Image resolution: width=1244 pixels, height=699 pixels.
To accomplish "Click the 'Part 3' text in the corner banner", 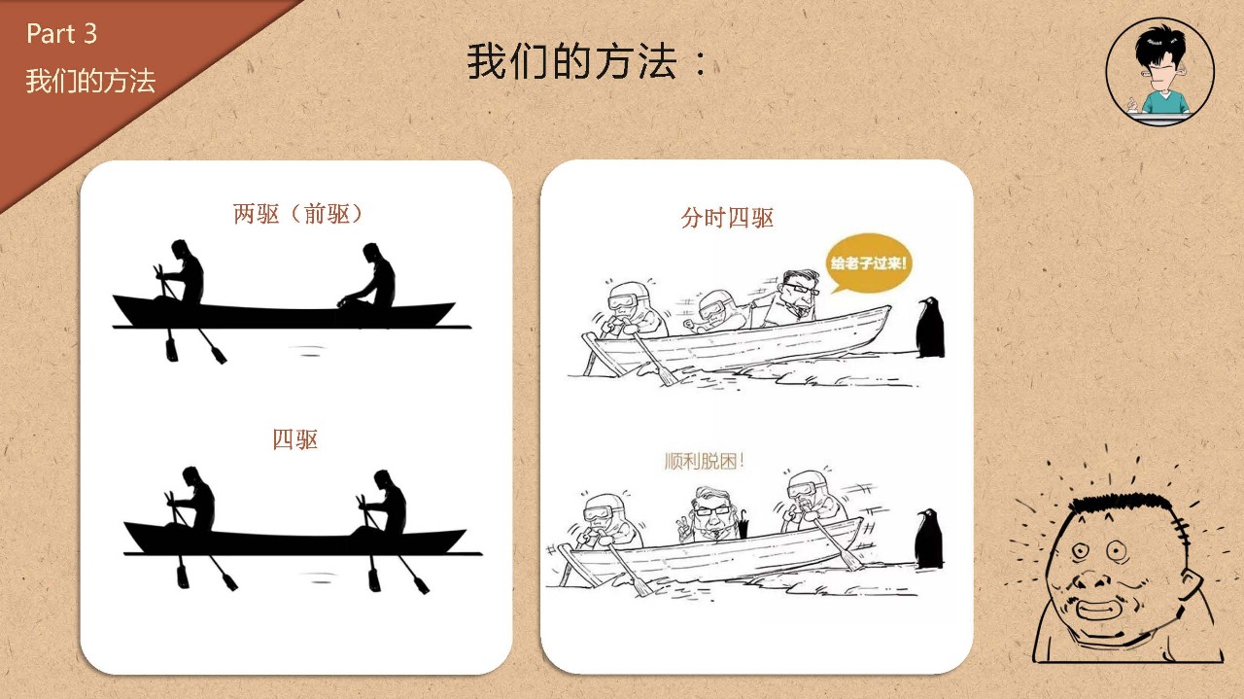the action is pos(61,34).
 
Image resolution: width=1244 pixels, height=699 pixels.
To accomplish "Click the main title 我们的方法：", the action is pos(586,61).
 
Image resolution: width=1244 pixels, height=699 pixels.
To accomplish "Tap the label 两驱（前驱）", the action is pos(297,214).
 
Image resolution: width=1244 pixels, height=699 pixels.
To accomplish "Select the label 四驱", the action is pos(294,439).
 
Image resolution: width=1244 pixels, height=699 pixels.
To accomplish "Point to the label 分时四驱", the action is pos(727,218).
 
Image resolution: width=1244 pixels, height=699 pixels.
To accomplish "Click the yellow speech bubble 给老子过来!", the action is pos(868,263).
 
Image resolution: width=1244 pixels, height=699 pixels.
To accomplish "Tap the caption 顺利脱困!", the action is pos(705,461).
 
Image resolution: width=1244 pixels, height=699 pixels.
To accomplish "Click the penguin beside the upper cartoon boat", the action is pos(930,328).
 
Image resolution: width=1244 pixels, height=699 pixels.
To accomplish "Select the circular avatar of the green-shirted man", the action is pos(1159,72).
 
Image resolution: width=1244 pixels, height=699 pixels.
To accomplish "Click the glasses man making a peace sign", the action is pos(709,514).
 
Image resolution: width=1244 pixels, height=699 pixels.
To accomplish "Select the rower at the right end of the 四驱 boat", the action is pos(383,503).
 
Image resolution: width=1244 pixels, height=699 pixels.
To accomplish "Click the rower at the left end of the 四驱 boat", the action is pos(191,500).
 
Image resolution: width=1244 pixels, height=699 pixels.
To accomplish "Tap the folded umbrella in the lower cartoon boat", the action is pos(742,523).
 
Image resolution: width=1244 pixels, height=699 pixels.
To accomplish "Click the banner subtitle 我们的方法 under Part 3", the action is pos(90,81).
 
